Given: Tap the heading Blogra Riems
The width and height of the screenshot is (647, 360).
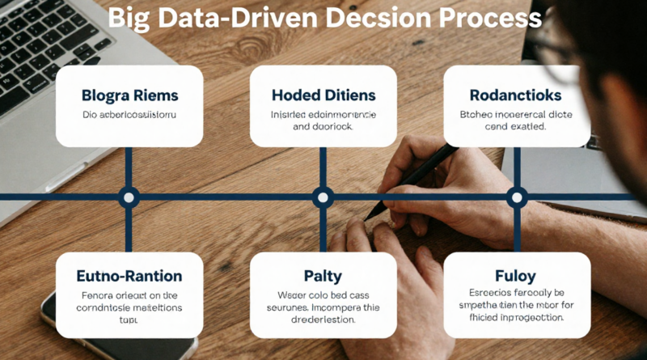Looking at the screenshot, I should coord(129,95).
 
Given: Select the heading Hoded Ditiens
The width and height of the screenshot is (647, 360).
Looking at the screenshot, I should coord(323,95).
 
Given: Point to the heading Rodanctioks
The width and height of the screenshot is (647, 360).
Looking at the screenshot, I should coord(516,95).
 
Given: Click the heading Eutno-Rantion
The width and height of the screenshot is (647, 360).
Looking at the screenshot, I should coord(129,277).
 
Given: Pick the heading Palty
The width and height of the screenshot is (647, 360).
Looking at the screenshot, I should coord(323,277).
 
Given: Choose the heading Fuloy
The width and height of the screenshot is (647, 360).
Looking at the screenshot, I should coord(516,277).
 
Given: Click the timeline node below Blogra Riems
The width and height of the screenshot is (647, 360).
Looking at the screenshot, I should coord(129,196).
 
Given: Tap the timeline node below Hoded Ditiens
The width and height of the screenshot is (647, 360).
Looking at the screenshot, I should coord(323,196).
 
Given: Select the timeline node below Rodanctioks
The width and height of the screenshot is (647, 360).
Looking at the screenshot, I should coord(516,196).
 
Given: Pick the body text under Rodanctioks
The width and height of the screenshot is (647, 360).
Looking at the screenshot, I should coord(516,121).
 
